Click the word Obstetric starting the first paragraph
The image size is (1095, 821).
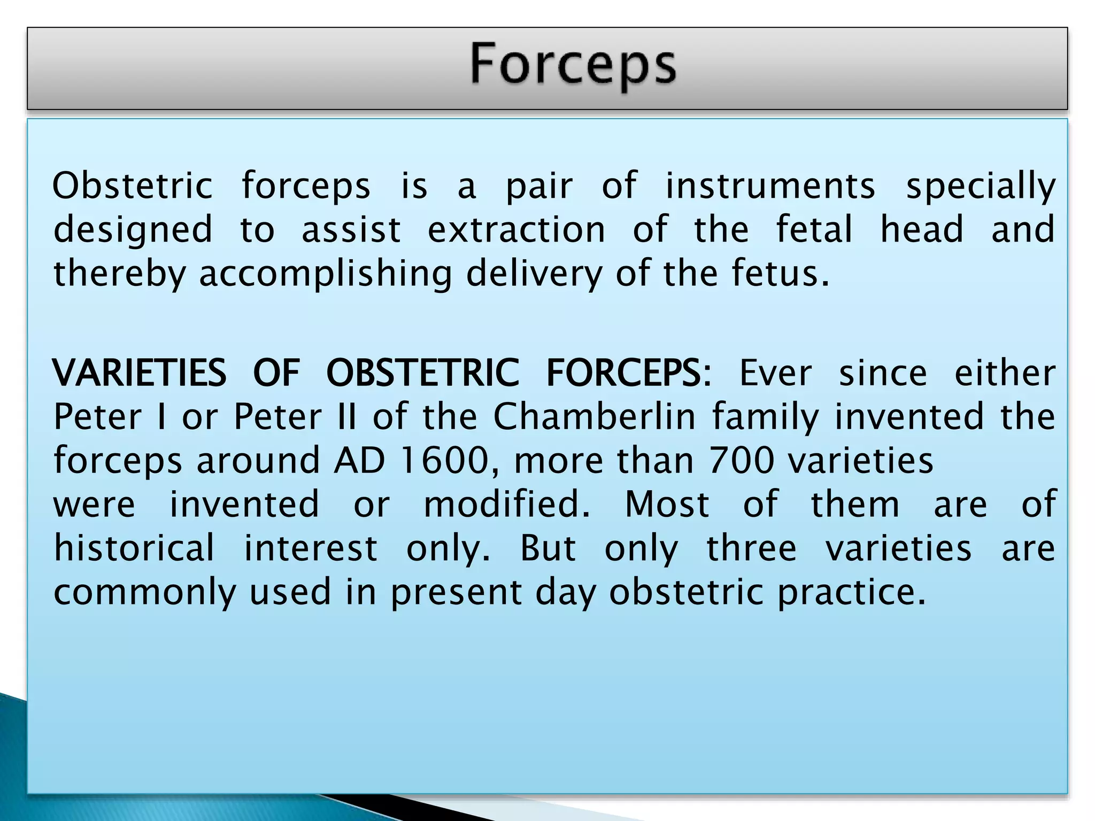(x=133, y=186)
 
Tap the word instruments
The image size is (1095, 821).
(x=770, y=186)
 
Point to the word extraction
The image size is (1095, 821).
(x=516, y=230)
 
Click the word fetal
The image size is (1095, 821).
(x=814, y=230)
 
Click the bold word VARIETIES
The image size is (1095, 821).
(x=140, y=373)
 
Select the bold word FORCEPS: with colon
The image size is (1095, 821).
(x=629, y=373)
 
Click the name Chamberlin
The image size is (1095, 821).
(x=594, y=416)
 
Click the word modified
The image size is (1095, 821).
(x=506, y=504)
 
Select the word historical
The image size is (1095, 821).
(x=134, y=548)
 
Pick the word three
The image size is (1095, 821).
(x=751, y=548)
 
